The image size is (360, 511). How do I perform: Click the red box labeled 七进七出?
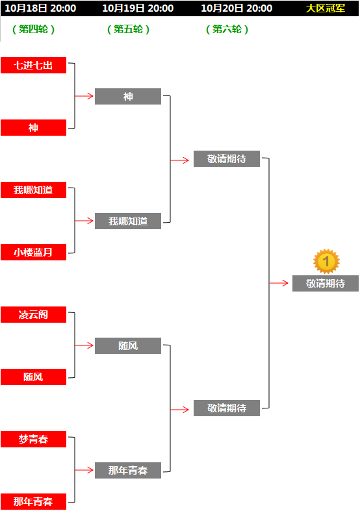coord(33,65)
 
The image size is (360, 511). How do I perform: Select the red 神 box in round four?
coord(33,127)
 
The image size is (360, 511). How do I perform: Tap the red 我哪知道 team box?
coord(33,190)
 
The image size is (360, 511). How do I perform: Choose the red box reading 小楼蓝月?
coord(33,252)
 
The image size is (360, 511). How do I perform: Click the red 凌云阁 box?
coord(33,314)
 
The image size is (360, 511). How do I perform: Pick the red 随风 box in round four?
coord(33,377)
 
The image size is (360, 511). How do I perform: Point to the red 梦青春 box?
coord(33,440)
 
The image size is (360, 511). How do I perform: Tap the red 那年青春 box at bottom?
coord(33,501)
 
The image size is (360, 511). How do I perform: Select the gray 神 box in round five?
coord(128,97)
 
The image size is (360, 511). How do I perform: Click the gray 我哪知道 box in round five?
coord(128,221)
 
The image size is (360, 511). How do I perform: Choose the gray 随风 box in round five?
coord(128,346)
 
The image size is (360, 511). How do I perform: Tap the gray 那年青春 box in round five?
coord(128,470)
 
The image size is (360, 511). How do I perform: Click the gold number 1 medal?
coord(326,262)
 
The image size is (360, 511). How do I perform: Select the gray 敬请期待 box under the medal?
coord(326,284)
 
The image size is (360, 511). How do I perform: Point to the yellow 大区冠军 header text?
coord(326,8)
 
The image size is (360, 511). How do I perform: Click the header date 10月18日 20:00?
coord(40,8)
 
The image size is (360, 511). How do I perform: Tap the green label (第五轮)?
coord(128,29)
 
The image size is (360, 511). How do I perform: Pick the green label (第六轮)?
coord(227,29)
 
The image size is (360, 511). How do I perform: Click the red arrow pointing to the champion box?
coord(279,283)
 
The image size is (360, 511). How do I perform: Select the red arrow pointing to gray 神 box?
coord(84,96)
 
